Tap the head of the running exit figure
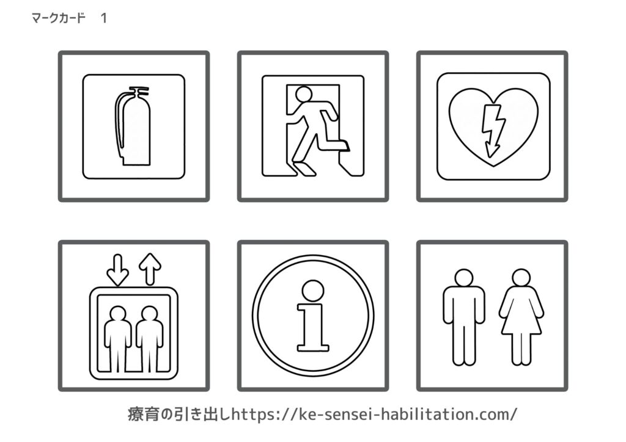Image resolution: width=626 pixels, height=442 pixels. [304, 94]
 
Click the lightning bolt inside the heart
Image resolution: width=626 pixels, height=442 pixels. [492, 131]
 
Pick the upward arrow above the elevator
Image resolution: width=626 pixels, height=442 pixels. [150, 269]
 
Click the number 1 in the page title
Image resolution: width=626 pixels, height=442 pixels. [104, 18]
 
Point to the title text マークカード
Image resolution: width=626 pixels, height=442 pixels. [58, 18]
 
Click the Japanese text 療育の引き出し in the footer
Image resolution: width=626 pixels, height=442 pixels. [180, 415]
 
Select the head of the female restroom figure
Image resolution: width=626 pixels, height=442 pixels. [521, 278]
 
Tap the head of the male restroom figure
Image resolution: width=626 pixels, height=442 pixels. [464, 278]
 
